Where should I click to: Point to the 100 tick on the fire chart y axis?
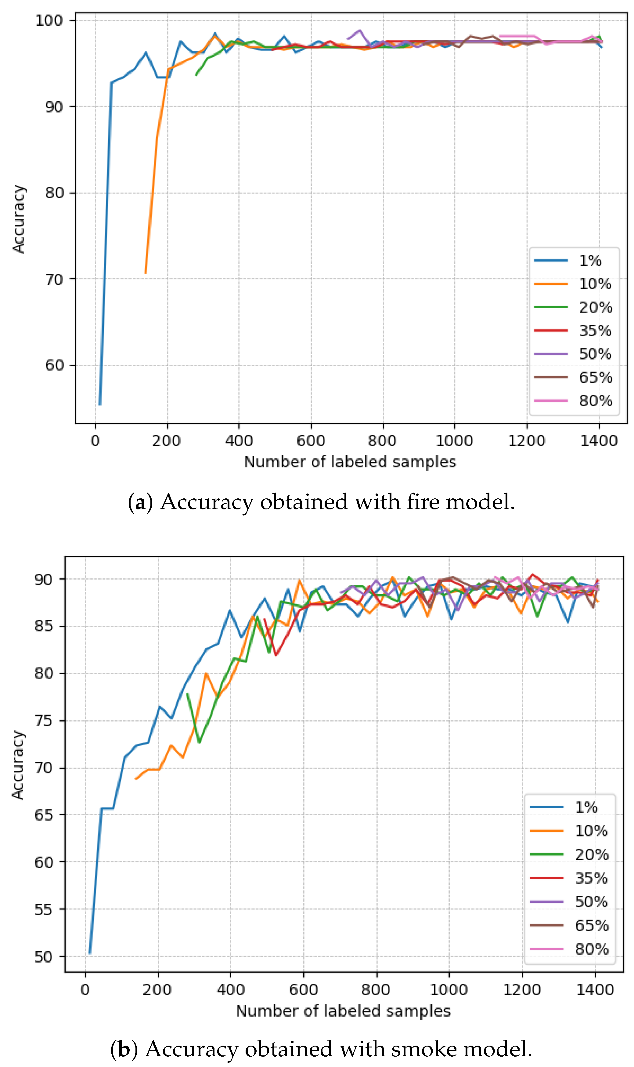(x=49, y=20)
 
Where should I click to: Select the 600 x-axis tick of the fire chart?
(x=311, y=440)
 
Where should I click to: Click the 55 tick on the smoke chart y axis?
(x=44, y=909)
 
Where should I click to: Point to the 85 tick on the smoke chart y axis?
(x=44, y=626)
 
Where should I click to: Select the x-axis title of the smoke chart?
(x=343, y=1011)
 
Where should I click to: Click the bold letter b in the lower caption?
(x=124, y=1049)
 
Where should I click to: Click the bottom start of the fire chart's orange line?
(x=146, y=273)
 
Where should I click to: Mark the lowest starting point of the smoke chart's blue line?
(x=90, y=953)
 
